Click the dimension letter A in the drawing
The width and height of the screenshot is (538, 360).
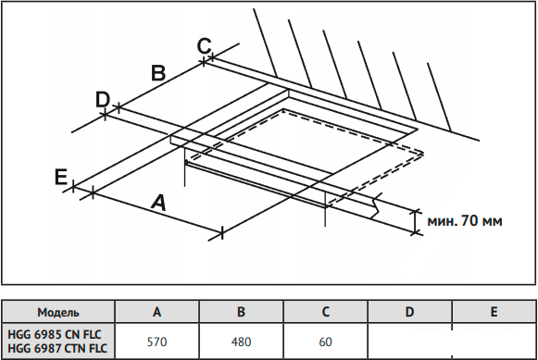pos(159,202)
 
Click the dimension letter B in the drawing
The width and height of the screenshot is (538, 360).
pos(158,73)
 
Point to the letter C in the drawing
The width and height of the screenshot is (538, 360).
pos(204,46)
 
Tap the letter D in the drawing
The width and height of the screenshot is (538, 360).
pos(103,99)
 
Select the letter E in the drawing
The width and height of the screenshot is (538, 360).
pos(61,178)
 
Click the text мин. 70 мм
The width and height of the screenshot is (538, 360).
pos(465,221)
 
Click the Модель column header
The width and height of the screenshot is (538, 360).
pos(58,312)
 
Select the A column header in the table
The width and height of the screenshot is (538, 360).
pos(156,312)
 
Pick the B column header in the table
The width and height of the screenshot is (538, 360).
pos(241,312)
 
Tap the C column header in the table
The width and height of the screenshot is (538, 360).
pos(326,312)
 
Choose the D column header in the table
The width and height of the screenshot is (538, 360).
pos(409,312)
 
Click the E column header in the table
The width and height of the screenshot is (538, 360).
pos(494,312)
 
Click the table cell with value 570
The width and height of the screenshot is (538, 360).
pos(156,341)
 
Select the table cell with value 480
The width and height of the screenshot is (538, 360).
pos(241,341)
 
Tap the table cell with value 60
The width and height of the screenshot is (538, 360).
pos(326,341)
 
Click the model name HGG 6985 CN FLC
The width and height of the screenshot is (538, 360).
pos(55,334)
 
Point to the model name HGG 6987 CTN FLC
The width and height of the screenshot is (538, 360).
pos(57,348)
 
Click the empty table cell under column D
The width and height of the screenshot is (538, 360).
pos(409,341)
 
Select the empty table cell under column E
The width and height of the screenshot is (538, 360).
pos(494,341)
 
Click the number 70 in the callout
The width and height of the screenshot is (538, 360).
pos(469,220)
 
